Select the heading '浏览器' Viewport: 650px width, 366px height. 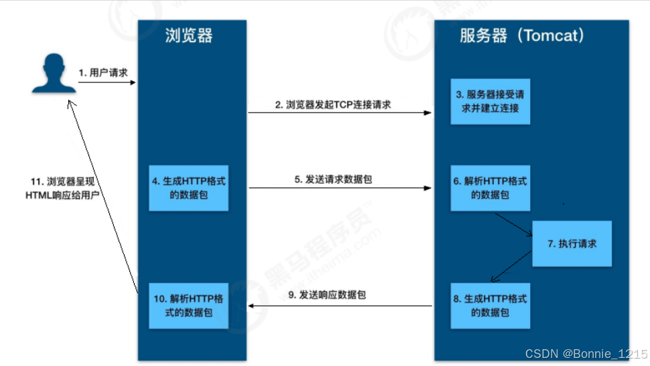pos(189,36)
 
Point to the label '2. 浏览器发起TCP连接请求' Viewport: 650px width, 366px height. pos(333,105)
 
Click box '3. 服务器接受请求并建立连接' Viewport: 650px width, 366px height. pos(491,101)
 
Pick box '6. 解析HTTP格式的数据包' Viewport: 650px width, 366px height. pos(491,188)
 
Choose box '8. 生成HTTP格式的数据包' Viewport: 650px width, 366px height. pos(491,305)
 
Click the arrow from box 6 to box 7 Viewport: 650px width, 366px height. pos(513,225)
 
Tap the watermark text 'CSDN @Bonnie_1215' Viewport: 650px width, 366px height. pos(586,353)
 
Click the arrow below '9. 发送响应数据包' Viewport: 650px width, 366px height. pos(340,306)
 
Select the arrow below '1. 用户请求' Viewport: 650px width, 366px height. pos(107,82)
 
